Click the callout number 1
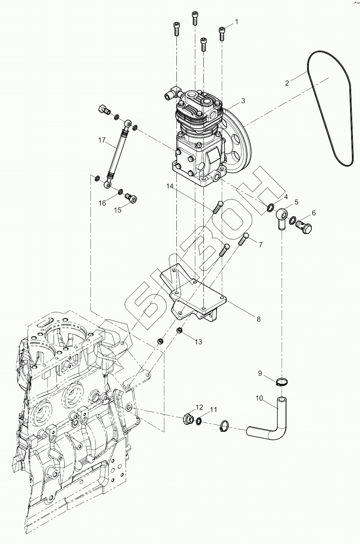[236, 22]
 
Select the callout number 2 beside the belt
[287, 83]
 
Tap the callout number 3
[243, 101]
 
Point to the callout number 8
[258, 319]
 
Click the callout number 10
[260, 398]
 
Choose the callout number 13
[198, 341]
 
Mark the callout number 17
[102, 140]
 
